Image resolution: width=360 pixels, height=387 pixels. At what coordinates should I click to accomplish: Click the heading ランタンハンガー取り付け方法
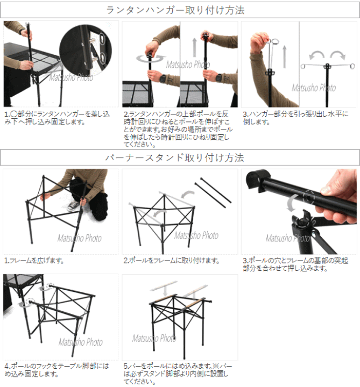[x=175, y=10]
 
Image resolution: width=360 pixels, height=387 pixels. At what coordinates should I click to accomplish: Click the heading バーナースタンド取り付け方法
[x=175, y=157]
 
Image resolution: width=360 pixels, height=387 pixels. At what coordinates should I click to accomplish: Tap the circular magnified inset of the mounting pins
[x=86, y=50]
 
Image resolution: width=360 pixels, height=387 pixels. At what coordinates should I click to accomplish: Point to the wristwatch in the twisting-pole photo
[x=163, y=78]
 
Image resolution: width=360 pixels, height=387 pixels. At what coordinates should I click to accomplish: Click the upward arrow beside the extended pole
[x=195, y=47]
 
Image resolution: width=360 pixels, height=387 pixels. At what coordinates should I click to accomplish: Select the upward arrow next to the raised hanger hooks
[x=285, y=57]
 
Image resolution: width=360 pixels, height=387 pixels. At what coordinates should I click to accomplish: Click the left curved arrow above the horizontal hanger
[x=317, y=55]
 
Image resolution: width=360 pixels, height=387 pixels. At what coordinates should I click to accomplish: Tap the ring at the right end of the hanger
[x=352, y=66]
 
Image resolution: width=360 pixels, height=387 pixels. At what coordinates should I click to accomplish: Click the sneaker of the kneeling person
[x=73, y=205]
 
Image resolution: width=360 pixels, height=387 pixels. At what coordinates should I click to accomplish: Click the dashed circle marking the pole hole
[x=308, y=198]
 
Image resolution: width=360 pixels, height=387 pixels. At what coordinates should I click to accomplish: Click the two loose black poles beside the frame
[x=213, y=192]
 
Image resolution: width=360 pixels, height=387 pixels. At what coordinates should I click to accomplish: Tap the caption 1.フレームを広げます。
[x=34, y=261]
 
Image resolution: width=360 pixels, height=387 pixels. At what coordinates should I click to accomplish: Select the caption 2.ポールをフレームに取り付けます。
[x=172, y=261]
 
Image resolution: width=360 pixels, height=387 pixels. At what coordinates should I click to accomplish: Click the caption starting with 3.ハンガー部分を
[x=295, y=118]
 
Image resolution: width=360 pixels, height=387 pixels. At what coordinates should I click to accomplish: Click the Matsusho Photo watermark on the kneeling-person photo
[x=80, y=238]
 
